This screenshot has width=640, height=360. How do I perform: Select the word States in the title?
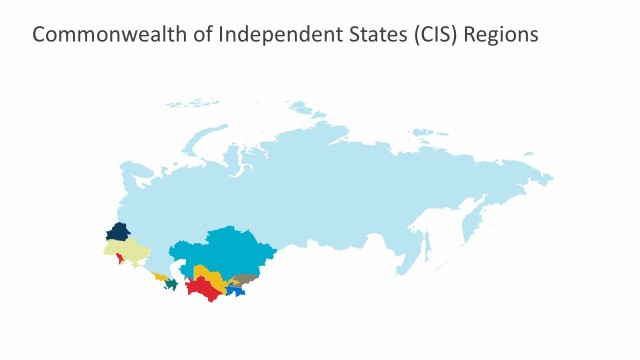click(354, 34)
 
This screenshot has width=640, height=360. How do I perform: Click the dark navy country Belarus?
click(118, 232)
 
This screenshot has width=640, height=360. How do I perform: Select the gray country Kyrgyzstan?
click(246, 280)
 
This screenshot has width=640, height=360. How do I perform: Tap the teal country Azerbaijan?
click(171, 285)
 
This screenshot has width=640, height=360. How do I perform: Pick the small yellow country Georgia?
click(160, 277)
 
